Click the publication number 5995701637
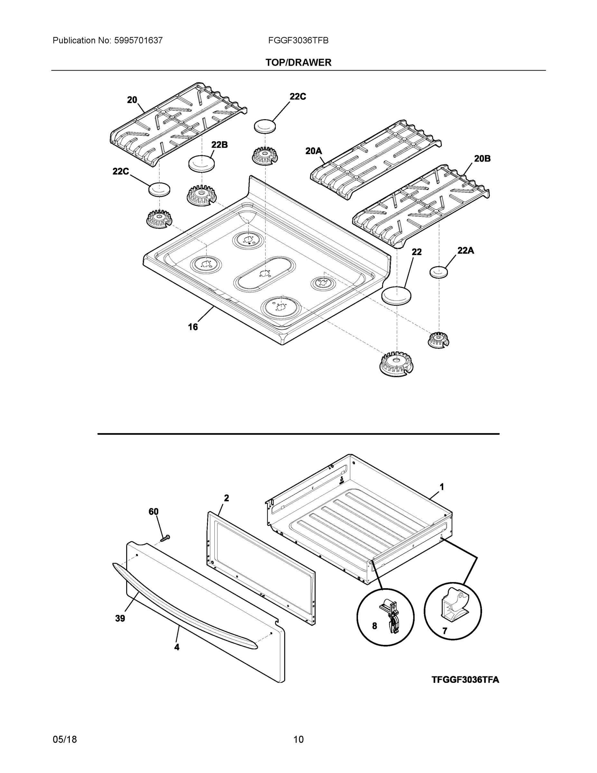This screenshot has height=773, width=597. click(138, 41)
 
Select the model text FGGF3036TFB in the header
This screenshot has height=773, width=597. click(298, 41)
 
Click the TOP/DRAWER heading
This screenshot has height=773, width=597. click(298, 63)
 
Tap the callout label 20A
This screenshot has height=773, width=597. click(313, 151)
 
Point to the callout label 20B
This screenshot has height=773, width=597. click(482, 158)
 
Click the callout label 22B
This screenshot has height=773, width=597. click(219, 144)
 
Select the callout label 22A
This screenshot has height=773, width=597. click(465, 251)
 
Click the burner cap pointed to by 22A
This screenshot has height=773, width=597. click(439, 272)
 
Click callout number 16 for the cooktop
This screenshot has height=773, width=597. click(193, 327)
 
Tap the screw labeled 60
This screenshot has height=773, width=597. click(165, 538)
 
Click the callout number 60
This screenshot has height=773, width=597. click(153, 511)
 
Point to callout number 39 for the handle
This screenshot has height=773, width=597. click(120, 618)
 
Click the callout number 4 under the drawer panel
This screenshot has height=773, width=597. click(177, 647)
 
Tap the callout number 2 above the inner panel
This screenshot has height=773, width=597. click(226, 498)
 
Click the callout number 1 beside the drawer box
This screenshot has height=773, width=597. click(441, 487)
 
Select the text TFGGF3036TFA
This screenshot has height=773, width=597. click(465, 680)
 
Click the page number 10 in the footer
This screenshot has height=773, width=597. click(298, 740)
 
